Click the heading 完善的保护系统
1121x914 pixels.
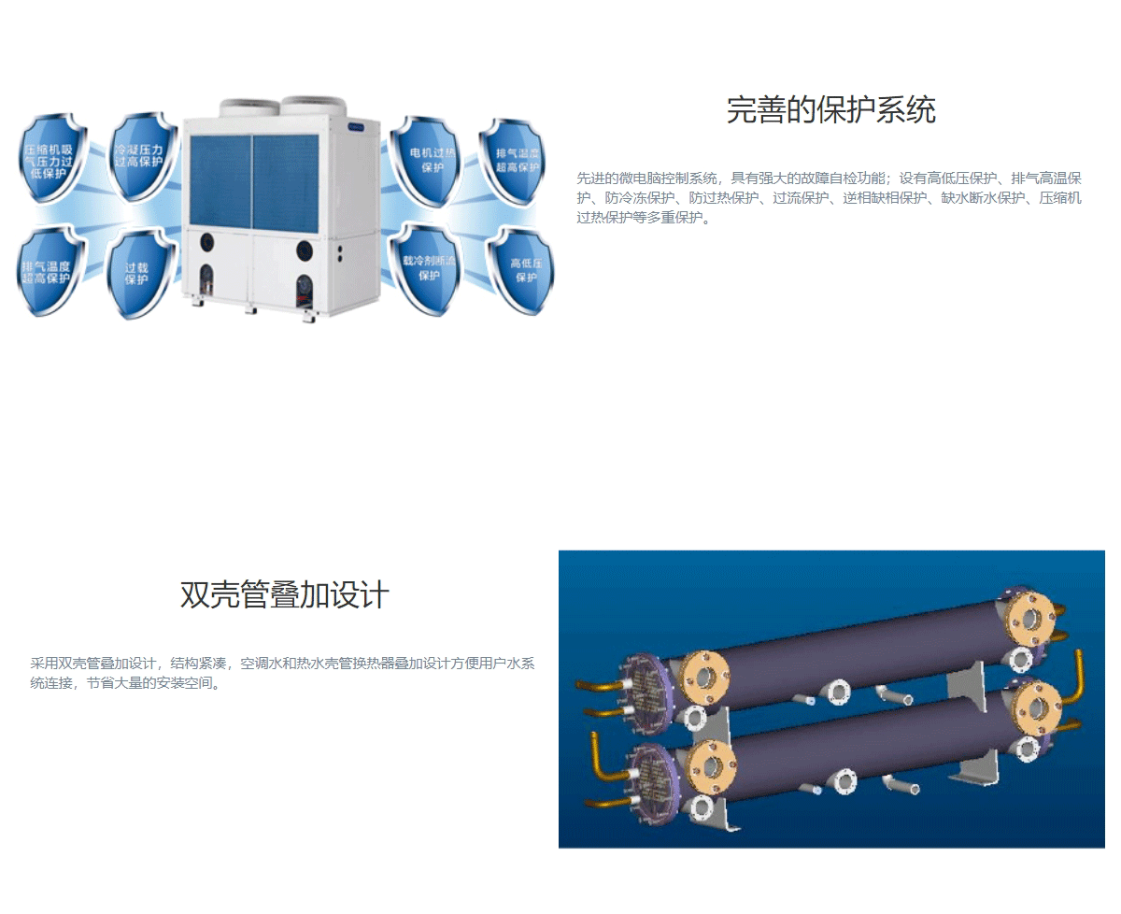(x=830, y=110)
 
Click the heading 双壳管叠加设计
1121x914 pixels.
(x=284, y=595)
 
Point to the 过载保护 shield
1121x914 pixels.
(x=138, y=272)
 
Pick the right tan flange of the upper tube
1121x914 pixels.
(x=1030, y=616)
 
